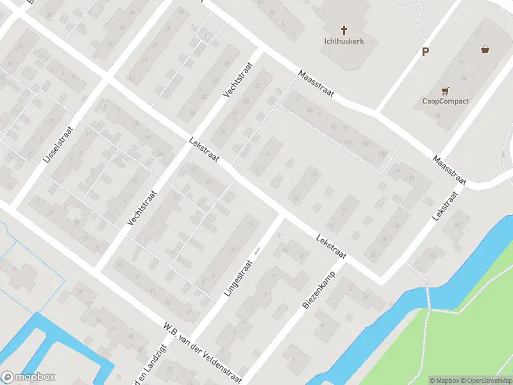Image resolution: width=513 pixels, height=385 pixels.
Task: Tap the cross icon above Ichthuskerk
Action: pyautogui.click(x=344, y=30)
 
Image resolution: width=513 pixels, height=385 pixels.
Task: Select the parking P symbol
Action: pyautogui.click(x=425, y=52)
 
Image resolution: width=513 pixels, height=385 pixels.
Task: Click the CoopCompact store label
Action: pyautogui.click(x=445, y=101)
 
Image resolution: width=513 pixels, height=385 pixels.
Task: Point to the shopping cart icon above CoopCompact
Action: pyautogui.click(x=445, y=90)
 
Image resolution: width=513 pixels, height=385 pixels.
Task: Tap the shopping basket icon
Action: pyautogui.click(x=485, y=49)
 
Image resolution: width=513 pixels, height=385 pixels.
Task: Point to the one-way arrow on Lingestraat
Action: pyautogui.click(x=258, y=251)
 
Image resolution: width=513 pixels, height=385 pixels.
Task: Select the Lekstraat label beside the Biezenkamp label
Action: pyautogui.click(x=331, y=247)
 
